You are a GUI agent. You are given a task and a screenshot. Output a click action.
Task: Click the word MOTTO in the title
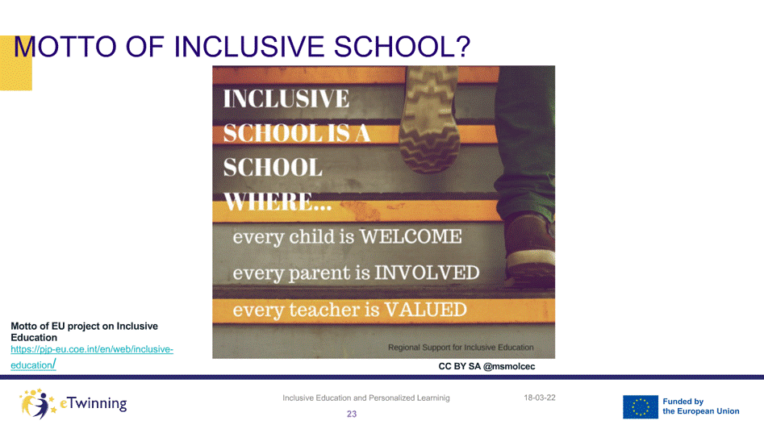(65, 47)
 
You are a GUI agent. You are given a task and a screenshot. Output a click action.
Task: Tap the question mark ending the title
(463, 46)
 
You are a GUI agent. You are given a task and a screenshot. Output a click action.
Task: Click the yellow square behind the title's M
(16, 63)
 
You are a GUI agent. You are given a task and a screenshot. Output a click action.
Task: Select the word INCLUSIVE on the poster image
(286, 98)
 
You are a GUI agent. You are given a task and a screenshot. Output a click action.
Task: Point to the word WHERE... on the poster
(278, 202)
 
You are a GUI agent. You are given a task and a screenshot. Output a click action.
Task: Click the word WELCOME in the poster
(411, 236)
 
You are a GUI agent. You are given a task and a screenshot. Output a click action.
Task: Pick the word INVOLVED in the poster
(427, 273)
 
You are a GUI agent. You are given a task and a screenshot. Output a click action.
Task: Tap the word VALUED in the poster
(425, 310)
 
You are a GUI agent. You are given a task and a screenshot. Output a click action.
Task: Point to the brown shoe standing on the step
(530, 248)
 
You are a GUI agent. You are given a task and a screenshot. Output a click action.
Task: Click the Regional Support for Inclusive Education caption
(461, 347)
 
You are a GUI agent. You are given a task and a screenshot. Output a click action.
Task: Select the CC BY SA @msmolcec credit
(486, 366)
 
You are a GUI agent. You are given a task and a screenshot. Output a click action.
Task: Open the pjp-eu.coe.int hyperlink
(92, 356)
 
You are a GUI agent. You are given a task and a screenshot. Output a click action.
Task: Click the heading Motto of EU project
(84, 331)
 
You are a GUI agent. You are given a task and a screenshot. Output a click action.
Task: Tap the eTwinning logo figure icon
(38, 403)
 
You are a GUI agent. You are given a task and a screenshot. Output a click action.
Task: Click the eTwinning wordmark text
(94, 403)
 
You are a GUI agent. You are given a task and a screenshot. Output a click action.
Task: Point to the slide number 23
(352, 414)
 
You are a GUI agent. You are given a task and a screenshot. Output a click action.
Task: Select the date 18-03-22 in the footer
(540, 398)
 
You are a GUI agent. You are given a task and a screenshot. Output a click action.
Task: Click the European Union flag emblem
(641, 407)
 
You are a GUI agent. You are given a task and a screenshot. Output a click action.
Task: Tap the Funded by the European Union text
(700, 406)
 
